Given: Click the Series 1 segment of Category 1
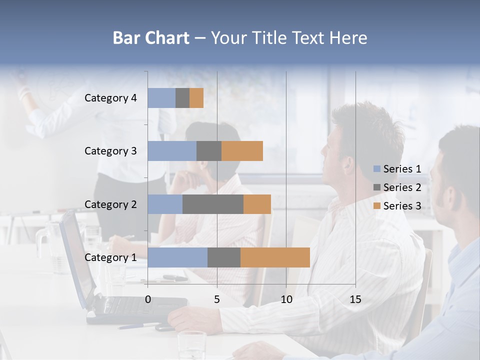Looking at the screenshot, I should (x=177, y=257).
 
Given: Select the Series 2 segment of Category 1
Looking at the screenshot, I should (x=224, y=257).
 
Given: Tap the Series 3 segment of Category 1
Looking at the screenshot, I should (x=275, y=257).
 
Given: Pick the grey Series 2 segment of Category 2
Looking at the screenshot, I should (x=213, y=204).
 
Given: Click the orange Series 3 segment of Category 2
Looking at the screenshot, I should (x=257, y=204).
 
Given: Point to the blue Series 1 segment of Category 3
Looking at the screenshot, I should (x=172, y=151).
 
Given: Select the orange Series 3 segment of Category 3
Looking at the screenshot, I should (x=242, y=151).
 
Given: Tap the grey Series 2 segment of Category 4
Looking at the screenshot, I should (x=182, y=98).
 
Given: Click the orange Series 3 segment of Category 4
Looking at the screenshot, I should (x=196, y=98).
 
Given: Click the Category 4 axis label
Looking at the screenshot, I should (x=110, y=98).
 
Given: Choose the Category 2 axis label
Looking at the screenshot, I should (x=110, y=204).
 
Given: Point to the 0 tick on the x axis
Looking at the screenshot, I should (x=148, y=299).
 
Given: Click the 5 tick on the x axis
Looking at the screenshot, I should (x=217, y=299).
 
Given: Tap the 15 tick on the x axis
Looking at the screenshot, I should (x=355, y=299).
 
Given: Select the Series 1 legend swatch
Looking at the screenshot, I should (x=376, y=169).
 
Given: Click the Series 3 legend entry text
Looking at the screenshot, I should (x=402, y=206).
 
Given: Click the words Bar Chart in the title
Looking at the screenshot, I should (x=151, y=38).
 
